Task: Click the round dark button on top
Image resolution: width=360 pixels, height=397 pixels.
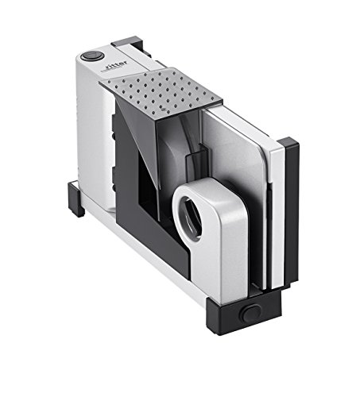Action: pos(92,56)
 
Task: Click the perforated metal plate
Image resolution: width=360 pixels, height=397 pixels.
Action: pos(161,93)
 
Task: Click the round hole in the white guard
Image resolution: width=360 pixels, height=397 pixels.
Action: pos(190,218)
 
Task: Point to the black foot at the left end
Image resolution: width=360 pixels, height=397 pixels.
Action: pos(75,198)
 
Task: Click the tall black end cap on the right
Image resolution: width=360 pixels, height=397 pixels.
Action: pos(291,212)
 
